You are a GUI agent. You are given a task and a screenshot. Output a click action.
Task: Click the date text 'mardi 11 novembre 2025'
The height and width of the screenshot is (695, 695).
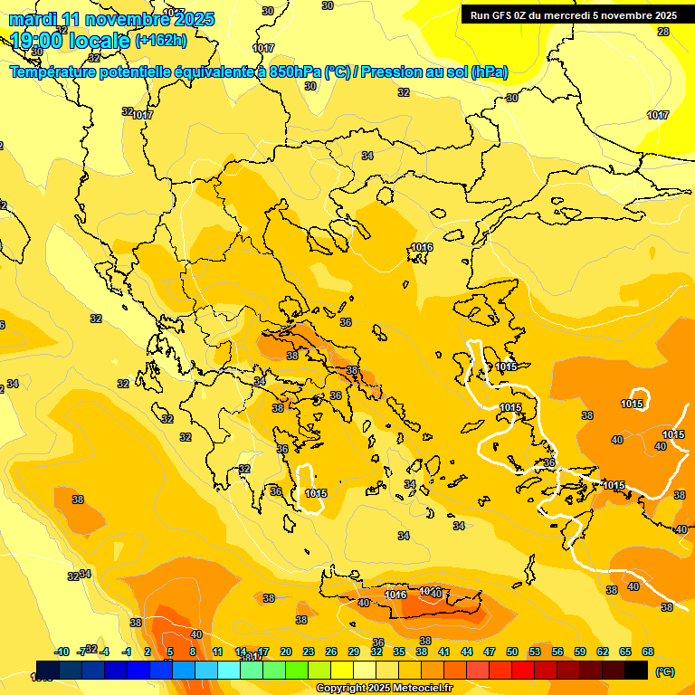pyautogui.click(x=111, y=19)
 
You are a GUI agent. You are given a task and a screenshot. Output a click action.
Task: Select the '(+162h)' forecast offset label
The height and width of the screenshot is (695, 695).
pyautogui.click(x=161, y=41)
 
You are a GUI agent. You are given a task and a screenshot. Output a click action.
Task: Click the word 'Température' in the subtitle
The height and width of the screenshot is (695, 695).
pyautogui.click(x=56, y=72)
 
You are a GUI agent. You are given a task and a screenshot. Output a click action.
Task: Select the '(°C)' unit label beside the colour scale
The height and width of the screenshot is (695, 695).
pyautogui.click(x=664, y=671)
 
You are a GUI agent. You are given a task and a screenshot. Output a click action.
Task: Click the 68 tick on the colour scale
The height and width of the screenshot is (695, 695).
pyautogui.click(x=648, y=652)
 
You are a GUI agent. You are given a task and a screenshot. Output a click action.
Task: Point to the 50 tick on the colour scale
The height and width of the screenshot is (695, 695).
pyautogui.click(x=512, y=652)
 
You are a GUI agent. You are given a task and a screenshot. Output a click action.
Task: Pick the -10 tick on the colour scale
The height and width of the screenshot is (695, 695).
pyautogui.click(x=62, y=652)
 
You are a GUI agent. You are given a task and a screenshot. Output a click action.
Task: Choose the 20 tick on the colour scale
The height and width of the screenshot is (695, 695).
pyautogui.click(x=286, y=652)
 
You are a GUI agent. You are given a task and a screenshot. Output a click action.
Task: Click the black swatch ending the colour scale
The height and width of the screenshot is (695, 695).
pyautogui.click(x=636, y=671)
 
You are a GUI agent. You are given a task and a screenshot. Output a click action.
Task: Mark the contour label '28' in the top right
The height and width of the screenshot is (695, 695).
pyautogui.click(x=663, y=32)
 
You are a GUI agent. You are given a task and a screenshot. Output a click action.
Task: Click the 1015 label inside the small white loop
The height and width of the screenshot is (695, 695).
pyautogui.click(x=316, y=493)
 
